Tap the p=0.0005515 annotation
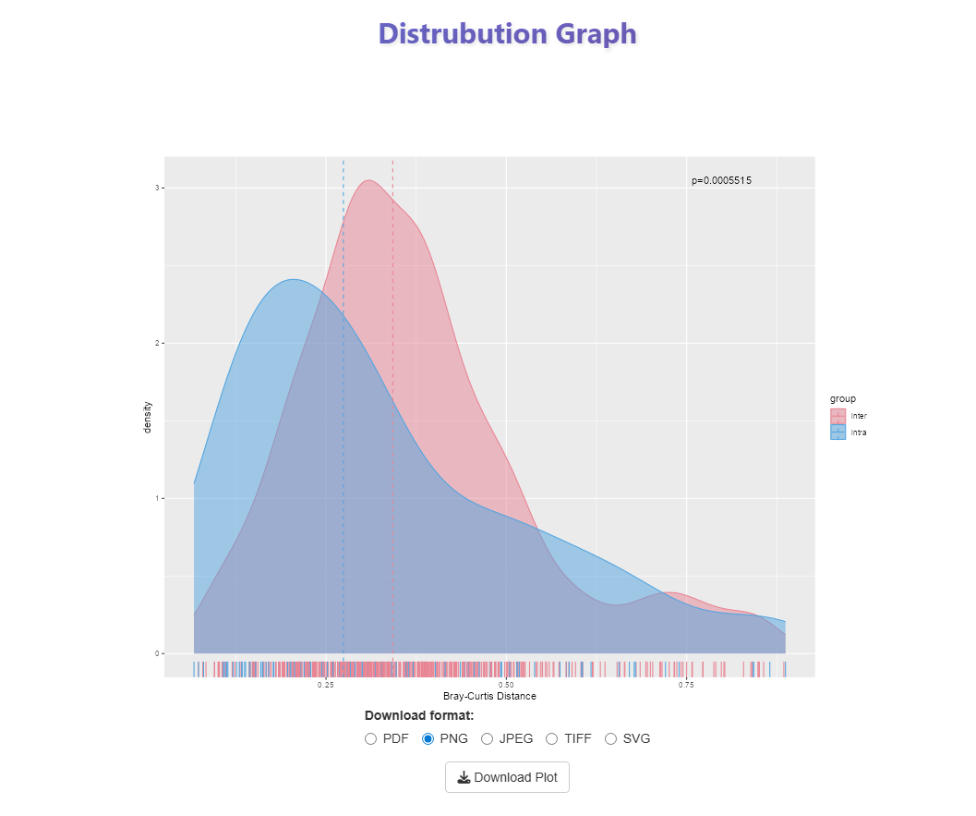(721, 180)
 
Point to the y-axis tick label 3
(157, 188)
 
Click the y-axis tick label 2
(157, 343)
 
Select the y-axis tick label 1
(157, 498)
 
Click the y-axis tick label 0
(157, 653)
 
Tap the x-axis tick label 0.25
(326, 685)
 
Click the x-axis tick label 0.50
(506, 685)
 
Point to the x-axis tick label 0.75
(686, 685)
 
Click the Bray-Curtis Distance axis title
(489, 697)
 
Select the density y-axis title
(148, 418)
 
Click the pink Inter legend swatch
(837, 416)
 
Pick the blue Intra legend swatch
(837, 432)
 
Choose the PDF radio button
(371, 738)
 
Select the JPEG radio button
(488, 738)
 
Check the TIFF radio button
(552, 738)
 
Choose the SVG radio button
(610, 738)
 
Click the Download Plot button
(507, 777)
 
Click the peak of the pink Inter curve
(369, 180)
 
